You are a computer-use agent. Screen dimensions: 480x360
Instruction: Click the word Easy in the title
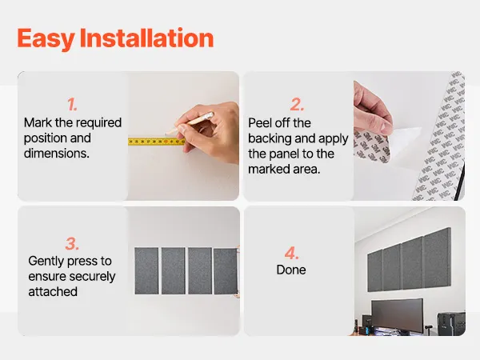tap(46, 39)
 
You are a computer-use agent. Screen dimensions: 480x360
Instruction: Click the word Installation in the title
tap(146, 38)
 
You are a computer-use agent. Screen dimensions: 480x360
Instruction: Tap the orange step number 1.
tap(72, 105)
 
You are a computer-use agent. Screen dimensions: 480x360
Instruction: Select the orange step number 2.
tap(297, 105)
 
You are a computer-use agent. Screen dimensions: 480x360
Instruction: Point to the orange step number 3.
tap(72, 244)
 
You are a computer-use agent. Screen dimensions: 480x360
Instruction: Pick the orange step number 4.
tap(291, 253)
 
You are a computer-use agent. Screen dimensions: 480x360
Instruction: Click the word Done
tap(291, 270)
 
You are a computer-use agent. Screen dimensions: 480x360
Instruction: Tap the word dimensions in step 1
tap(57, 153)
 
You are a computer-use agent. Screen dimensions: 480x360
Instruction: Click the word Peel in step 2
tap(259, 123)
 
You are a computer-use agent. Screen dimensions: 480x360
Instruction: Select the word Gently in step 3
tap(46, 262)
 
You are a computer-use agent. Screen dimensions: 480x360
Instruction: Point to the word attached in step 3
tap(53, 292)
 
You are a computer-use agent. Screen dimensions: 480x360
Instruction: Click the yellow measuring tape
tap(157, 142)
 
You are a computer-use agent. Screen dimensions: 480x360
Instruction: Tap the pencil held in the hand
tap(190, 123)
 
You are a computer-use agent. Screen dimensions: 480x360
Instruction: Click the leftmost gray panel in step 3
tap(146, 271)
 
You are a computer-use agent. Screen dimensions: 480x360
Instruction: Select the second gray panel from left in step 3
tap(174, 271)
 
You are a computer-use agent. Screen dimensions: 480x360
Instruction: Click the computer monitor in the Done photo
tap(398, 315)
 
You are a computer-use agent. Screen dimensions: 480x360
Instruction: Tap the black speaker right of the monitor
tap(451, 324)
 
